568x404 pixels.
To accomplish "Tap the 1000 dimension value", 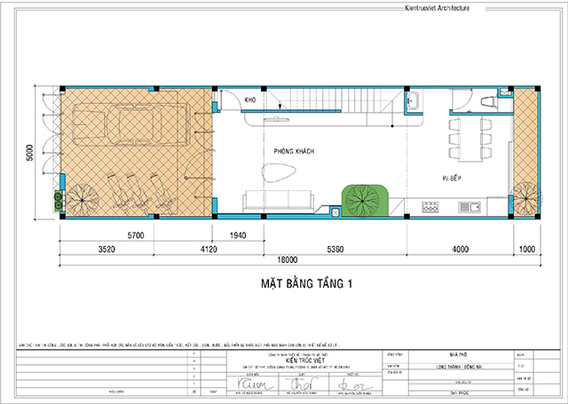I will point(528,250).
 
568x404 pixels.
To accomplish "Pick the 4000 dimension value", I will point(461,250).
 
